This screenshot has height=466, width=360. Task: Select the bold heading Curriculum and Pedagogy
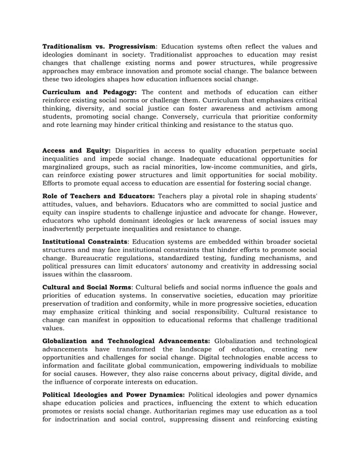click(90, 91)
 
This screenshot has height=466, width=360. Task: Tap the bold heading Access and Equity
click(77, 150)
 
